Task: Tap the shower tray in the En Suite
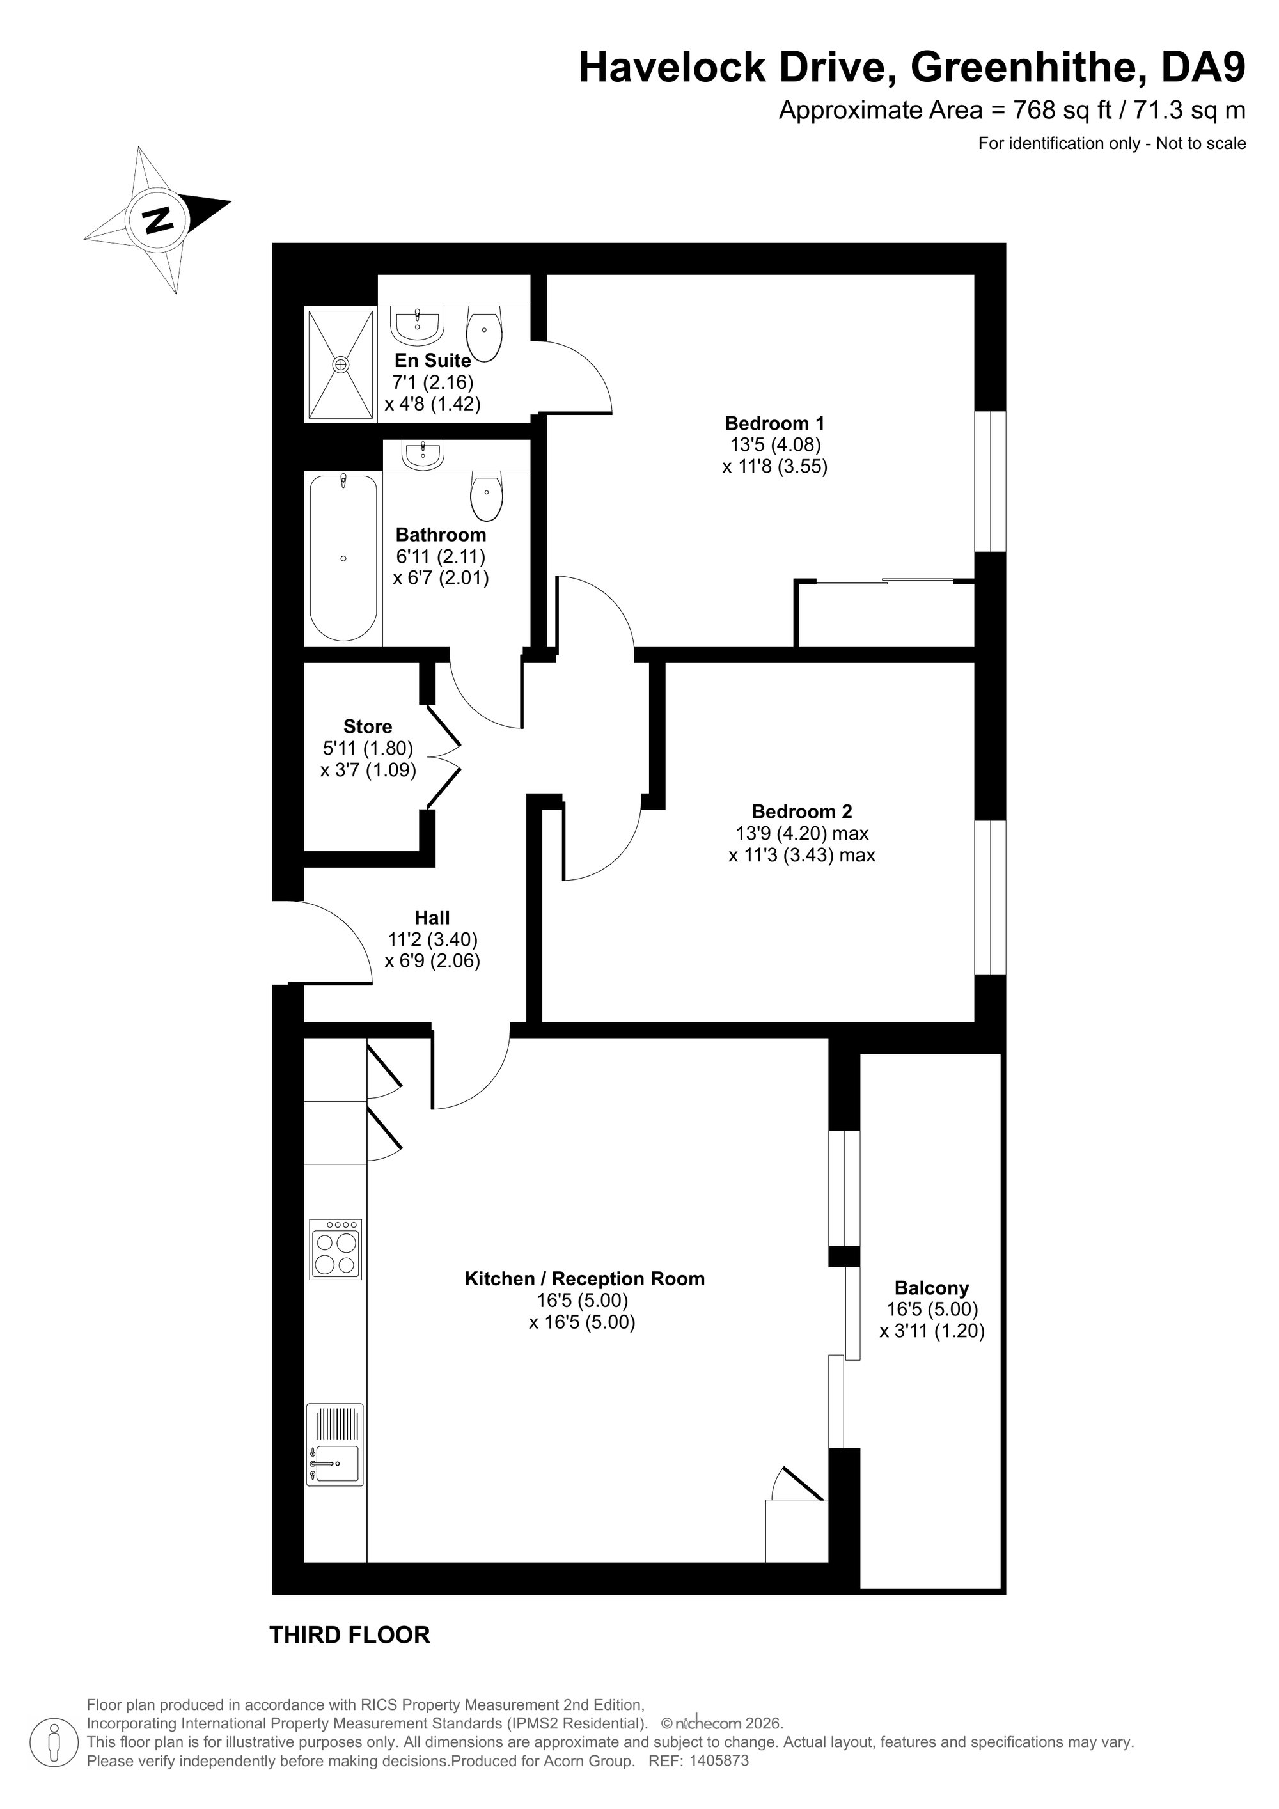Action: pyautogui.click(x=340, y=364)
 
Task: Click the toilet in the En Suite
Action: pyautogui.click(x=485, y=333)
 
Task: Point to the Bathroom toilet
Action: pyautogui.click(x=486, y=496)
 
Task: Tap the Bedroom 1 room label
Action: pyautogui.click(x=774, y=423)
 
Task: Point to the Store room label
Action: pyautogui.click(x=368, y=726)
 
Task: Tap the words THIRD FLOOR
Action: pyautogui.click(x=350, y=1635)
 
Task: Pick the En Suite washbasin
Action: pyautogui.click(x=417, y=325)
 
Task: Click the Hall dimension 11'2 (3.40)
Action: pyautogui.click(x=433, y=939)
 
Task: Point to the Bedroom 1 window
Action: pyautogui.click(x=991, y=482)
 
